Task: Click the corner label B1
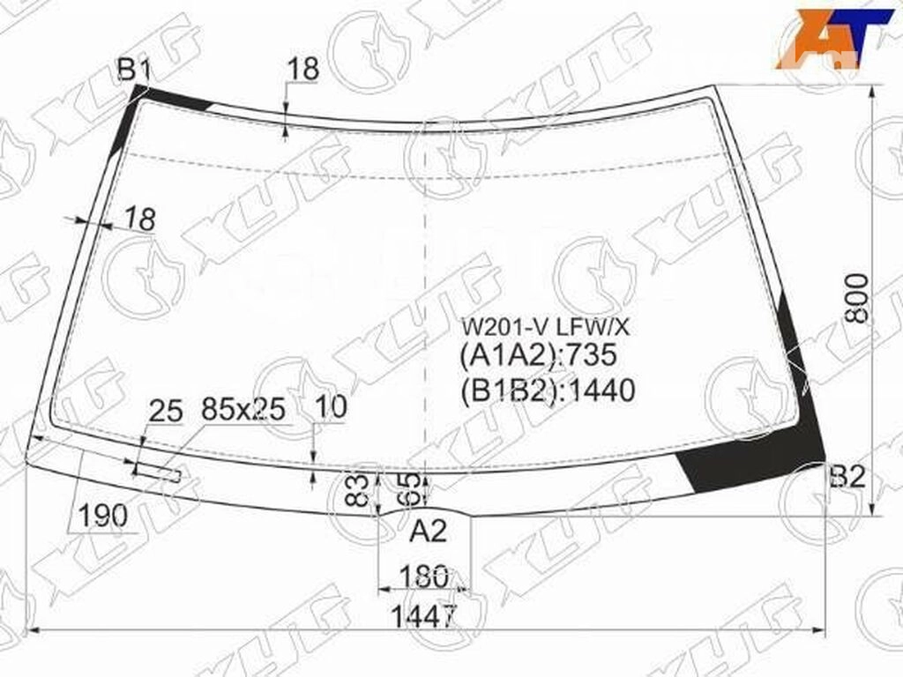(134, 71)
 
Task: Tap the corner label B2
(847, 477)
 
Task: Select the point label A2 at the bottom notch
(428, 531)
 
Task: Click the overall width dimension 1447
(424, 616)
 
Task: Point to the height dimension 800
(856, 298)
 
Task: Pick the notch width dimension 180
(423, 577)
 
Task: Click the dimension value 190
(102, 515)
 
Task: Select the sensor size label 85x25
(243, 409)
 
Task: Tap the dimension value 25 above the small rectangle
(165, 412)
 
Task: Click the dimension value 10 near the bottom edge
(332, 407)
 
